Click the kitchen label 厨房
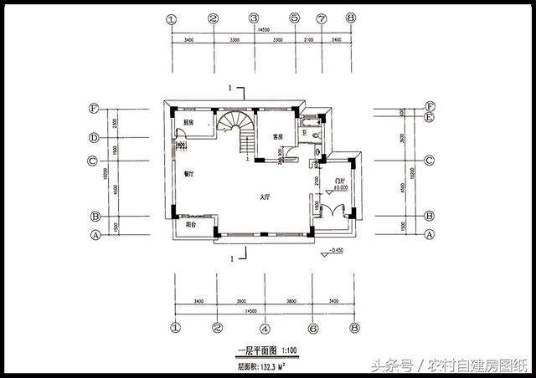tap(188, 122)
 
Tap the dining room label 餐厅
tap(188, 174)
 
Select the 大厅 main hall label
tap(264, 197)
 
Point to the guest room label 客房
tap(279, 135)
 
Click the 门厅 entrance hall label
tap(340, 181)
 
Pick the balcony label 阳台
tap(191, 223)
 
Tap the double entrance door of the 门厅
tap(339, 212)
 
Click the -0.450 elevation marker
tap(334, 250)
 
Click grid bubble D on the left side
tap(95, 138)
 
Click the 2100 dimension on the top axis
tap(307, 38)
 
